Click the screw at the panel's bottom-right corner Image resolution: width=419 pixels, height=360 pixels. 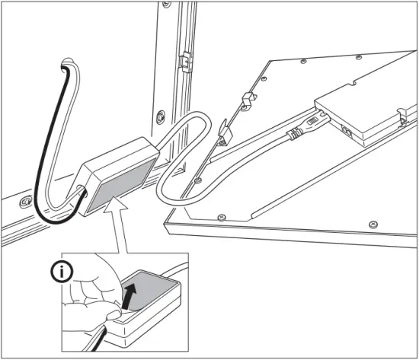(372, 223)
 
